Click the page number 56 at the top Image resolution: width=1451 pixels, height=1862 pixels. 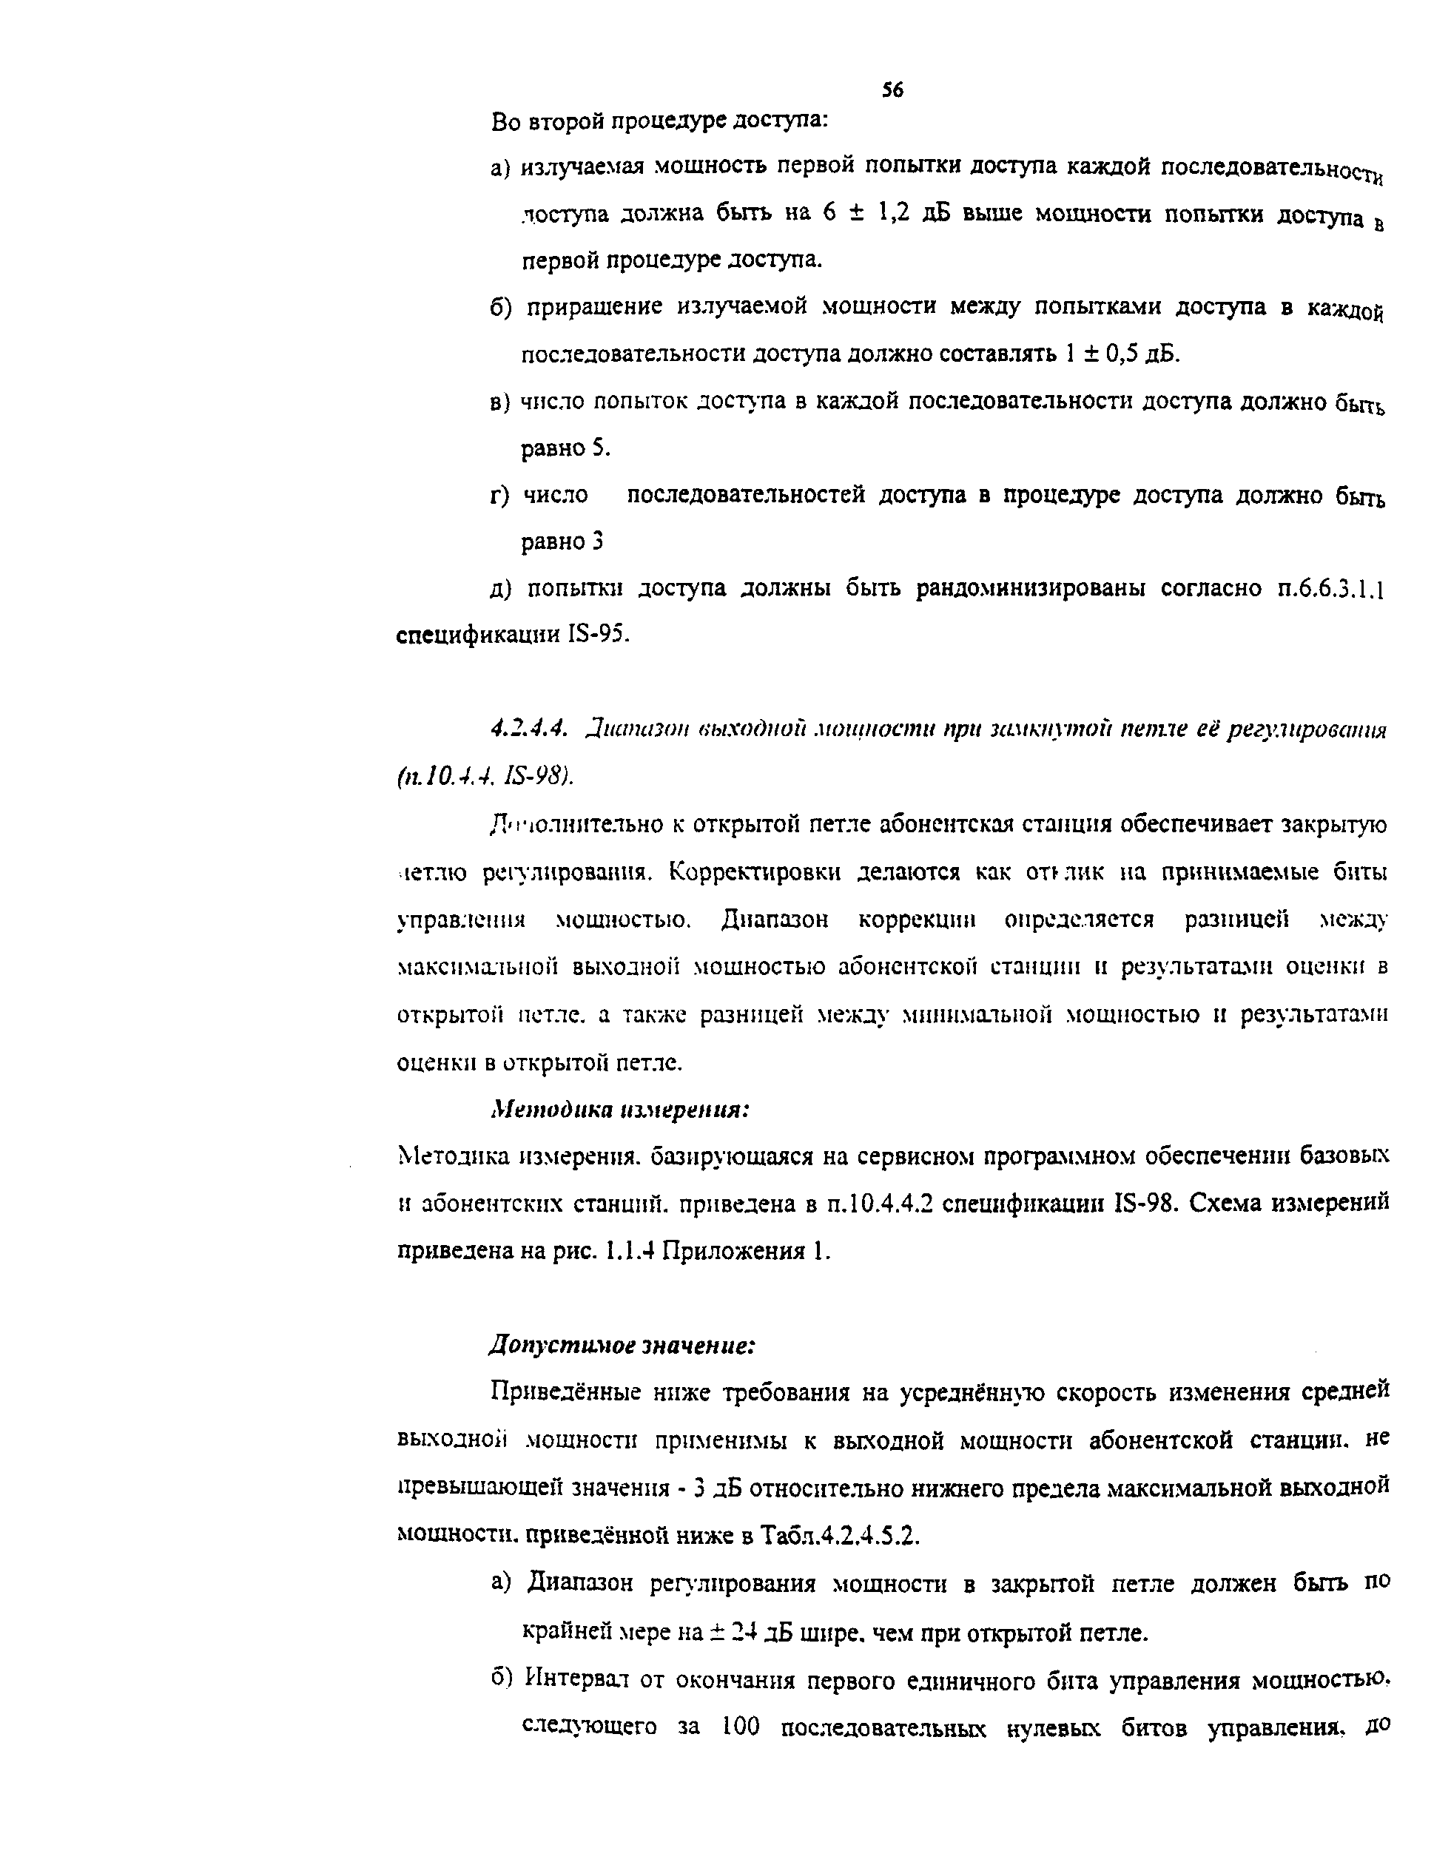pos(892,90)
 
